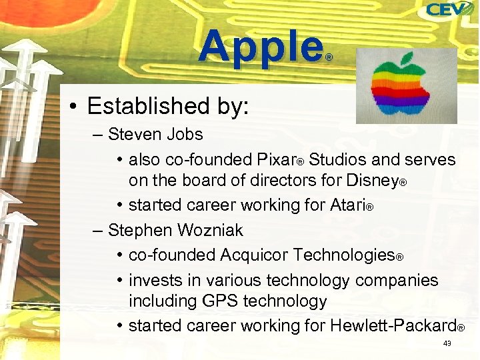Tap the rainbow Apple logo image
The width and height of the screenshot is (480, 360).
[x=406, y=86]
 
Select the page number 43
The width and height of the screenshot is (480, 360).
[x=447, y=343]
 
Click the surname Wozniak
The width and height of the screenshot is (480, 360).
[x=210, y=231]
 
